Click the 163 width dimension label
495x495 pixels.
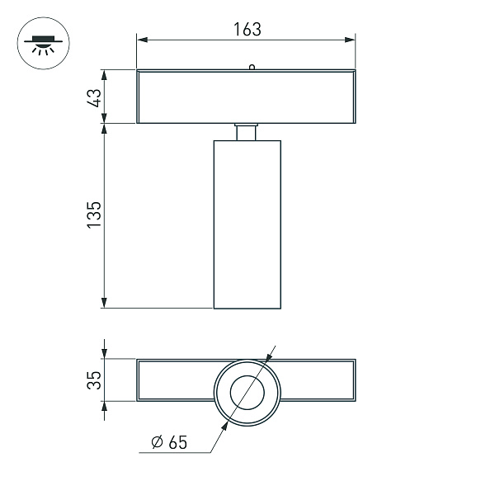(246, 29)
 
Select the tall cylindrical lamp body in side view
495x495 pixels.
(247, 224)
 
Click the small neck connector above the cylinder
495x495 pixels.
(247, 132)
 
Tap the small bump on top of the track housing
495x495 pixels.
(251, 68)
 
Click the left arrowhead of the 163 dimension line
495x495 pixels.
(141, 39)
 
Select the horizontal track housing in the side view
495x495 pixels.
(246, 97)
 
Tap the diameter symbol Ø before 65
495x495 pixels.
(156, 443)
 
